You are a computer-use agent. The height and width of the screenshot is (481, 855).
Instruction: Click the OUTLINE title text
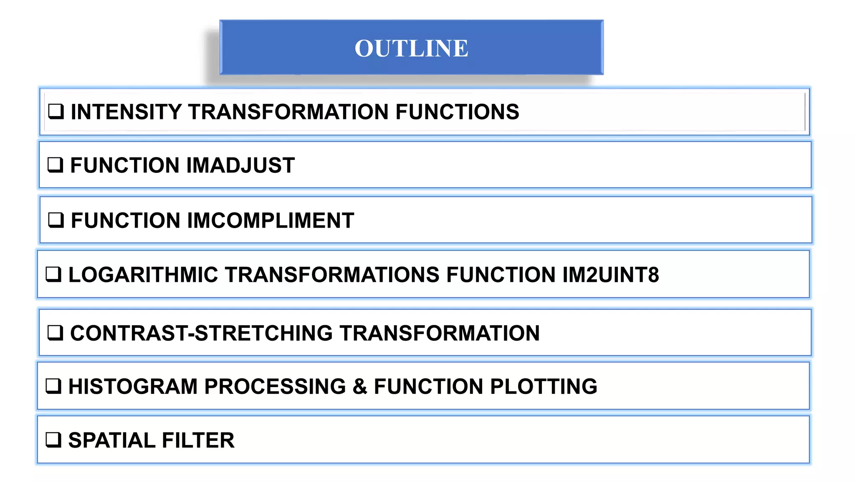tap(411, 48)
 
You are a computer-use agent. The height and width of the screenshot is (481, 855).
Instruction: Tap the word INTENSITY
tap(126, 112)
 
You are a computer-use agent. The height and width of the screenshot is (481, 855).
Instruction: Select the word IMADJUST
tap(240, 165)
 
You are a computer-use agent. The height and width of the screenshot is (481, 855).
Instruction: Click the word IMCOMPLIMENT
tap(271, 220)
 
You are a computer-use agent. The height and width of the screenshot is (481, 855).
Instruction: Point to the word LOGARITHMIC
tap(143, 275)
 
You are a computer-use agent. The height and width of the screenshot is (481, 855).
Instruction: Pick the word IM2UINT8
tap(610, 275)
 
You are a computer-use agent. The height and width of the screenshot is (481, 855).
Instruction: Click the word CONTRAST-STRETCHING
tap(201, 333)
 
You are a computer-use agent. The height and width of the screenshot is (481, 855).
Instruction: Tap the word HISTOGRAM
tap(133, 386)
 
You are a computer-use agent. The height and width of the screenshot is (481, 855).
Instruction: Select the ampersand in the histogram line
tap(359, 386)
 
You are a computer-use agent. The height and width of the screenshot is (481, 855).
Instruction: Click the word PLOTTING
tap(544, 386)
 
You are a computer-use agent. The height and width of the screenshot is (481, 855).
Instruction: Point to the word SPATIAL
tap(111, 440)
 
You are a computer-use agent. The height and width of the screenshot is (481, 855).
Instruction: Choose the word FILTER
tap(198, 440)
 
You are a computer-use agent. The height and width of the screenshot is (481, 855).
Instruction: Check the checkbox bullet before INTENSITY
tap(56, 112)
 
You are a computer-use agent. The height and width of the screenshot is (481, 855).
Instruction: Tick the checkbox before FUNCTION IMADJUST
tap(56, 165)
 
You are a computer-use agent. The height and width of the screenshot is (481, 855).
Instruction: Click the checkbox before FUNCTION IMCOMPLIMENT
tap(56, 220)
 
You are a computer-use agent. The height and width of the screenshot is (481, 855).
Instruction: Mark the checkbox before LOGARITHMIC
tap(53, 275)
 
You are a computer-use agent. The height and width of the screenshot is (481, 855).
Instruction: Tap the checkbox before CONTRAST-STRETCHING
tap(56, 333)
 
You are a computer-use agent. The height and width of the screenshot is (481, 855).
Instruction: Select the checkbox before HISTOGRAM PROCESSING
tap(53, 386)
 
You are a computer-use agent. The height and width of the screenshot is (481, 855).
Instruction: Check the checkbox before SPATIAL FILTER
tap(53, 440)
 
